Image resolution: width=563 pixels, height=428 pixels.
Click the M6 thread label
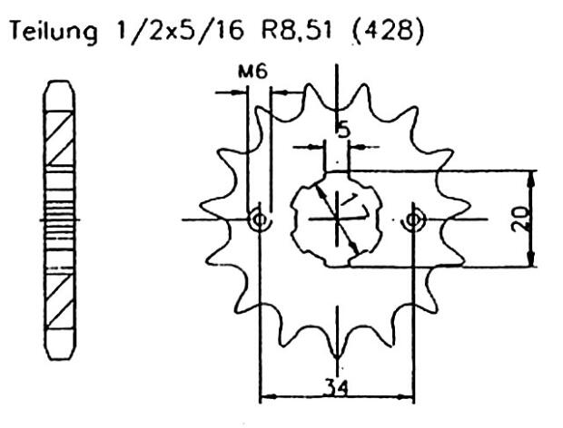256,73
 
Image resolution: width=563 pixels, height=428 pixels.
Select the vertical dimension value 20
519,219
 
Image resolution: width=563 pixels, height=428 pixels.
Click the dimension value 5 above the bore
342,130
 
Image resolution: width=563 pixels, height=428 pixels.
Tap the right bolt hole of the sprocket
415,219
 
